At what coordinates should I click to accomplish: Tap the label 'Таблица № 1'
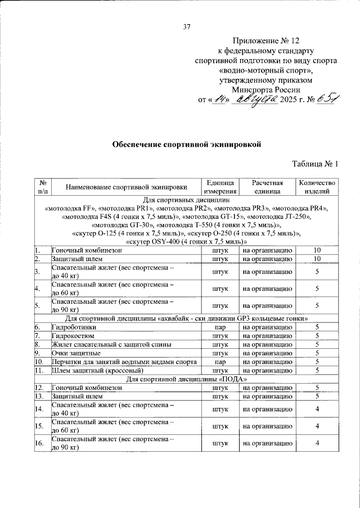pos(316,164)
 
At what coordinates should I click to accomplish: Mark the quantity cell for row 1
pos(317,250)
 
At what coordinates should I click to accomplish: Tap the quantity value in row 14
pos(317,410)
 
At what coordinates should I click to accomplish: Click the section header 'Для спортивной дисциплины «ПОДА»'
pos(187,380)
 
